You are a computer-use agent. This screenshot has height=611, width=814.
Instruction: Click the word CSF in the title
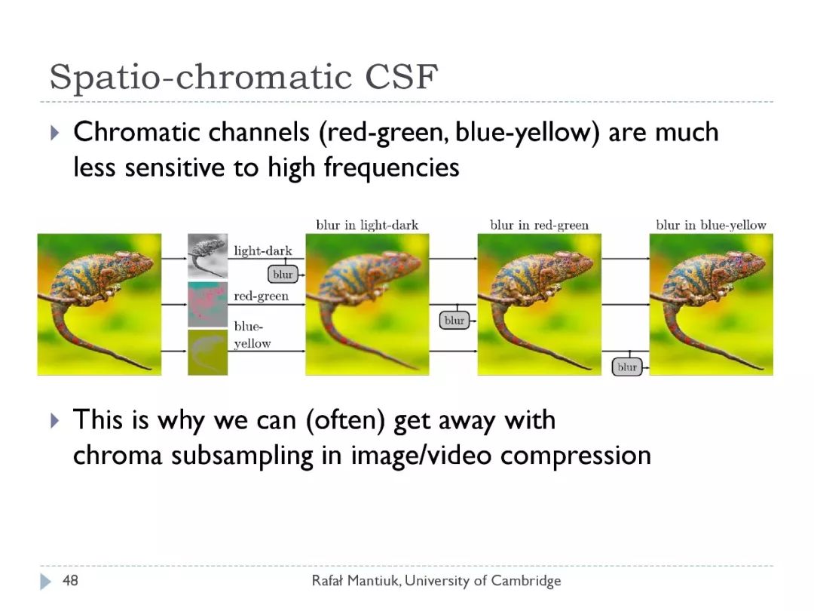click(x=401, y=77)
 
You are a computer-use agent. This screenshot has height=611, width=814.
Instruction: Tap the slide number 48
click(x=70, y=580)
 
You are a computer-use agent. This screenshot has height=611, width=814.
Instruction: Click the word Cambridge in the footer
click(x=526, y=580)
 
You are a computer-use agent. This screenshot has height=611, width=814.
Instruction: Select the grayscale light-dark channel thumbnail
click(x=208, y=256)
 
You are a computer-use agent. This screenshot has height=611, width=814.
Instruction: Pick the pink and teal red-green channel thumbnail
click(x=208, y=305)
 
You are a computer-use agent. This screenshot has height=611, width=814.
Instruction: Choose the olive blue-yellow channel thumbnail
click(x=208, y=352)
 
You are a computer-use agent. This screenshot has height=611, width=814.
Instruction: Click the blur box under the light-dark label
click(x=283, y=275)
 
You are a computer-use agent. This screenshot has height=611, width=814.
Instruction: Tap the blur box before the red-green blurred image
click(x=454, y=321)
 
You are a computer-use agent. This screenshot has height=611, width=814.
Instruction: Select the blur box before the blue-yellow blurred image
click(x=627, y=367)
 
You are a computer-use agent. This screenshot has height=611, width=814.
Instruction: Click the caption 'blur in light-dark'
click(x=367, y=225)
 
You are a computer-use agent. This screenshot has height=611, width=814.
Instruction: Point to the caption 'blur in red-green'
click(x=540, y=225)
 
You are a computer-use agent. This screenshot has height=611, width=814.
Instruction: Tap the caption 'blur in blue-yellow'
click(x=711, y=225)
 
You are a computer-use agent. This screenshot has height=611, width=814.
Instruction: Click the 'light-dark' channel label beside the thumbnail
click(x=263, y=251)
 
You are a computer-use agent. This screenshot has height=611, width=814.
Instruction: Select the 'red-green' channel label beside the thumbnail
click(x=261, y=296)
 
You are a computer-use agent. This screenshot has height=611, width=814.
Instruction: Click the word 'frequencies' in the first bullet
click(x=391, y=167)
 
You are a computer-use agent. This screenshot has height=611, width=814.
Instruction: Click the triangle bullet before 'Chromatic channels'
click(x=55, y=133)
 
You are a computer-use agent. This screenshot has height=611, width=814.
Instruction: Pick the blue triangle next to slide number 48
click(x=46, y=582)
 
